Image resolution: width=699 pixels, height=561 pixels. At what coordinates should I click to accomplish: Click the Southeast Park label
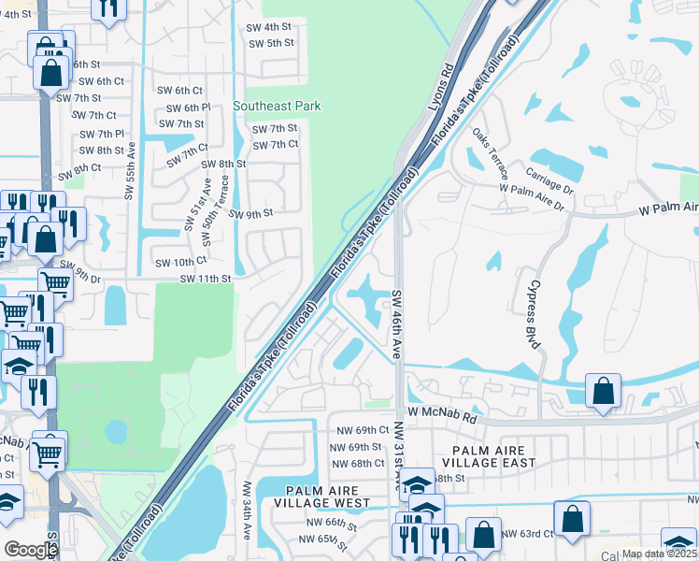click(x=277, y=107)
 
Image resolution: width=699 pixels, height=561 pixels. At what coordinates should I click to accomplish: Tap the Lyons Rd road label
click(x=440, y=90)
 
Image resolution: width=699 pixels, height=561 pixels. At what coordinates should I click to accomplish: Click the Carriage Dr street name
click(x=548, y=176)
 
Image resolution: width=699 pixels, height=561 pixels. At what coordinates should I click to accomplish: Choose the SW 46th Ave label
click(x=396, y=324)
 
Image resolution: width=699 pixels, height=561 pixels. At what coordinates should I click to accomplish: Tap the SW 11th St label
click(x=205, y=279)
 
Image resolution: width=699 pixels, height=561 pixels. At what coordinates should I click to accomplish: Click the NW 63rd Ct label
click(x=527, y=534)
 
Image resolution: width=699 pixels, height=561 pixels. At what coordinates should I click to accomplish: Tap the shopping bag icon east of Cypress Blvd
click(x=604, y=393)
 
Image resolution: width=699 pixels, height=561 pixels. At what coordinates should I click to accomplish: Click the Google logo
click(x=30, y=550)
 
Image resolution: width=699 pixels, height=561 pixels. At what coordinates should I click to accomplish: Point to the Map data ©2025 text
click(x=659, y=554)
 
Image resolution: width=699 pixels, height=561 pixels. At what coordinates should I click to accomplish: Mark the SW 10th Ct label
click(x=179, y=263)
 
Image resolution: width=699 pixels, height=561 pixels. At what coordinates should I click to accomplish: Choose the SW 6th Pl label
click(x=184, y=108)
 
